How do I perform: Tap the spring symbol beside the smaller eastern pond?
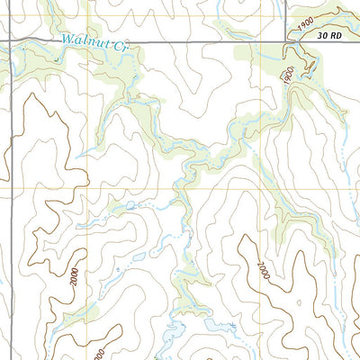(232, 323)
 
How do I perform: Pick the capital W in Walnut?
(69, 39)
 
